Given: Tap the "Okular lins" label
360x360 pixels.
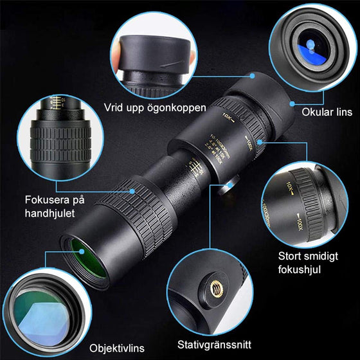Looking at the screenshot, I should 327,111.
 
